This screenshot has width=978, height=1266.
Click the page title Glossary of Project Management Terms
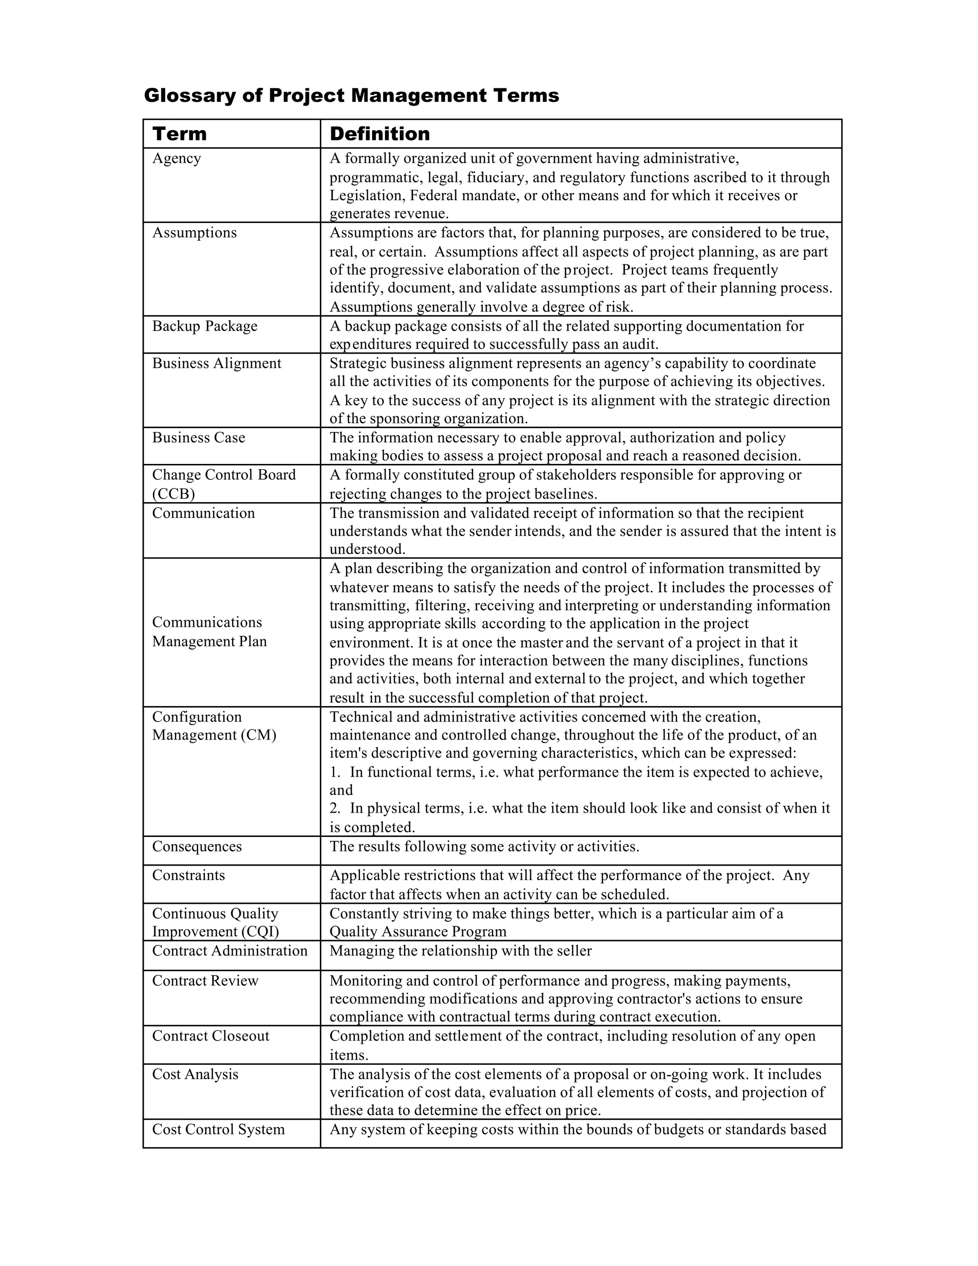pos(351,96)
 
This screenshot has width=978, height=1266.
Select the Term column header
pos(180,134)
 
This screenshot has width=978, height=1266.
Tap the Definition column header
pos(380,134)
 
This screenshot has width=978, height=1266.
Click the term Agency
pos(176,158)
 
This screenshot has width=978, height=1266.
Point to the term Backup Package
pos(204,326)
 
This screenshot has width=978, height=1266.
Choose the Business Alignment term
pos(216,363)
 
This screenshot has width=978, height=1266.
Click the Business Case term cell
pos(198,437)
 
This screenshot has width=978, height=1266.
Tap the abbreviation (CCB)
pos(173,494)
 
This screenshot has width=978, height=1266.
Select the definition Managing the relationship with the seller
pos(461,951)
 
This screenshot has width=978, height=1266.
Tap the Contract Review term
pos(205,981)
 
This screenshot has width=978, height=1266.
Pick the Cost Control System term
pos(218,1129)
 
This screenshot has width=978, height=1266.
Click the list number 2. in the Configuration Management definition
pos(335,808)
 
